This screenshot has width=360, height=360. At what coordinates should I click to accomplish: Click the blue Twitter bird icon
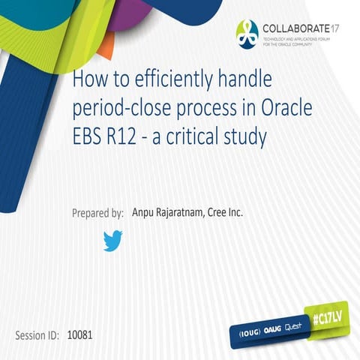(x=112, y=241)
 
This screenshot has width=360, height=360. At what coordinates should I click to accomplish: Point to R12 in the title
(x=116, y=137)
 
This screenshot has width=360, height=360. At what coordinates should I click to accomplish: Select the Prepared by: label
(x=97, y=213)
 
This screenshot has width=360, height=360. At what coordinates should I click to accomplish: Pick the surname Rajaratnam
(x=184, y=212)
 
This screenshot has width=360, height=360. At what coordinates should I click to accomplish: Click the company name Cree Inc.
(x=231, y=212)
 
